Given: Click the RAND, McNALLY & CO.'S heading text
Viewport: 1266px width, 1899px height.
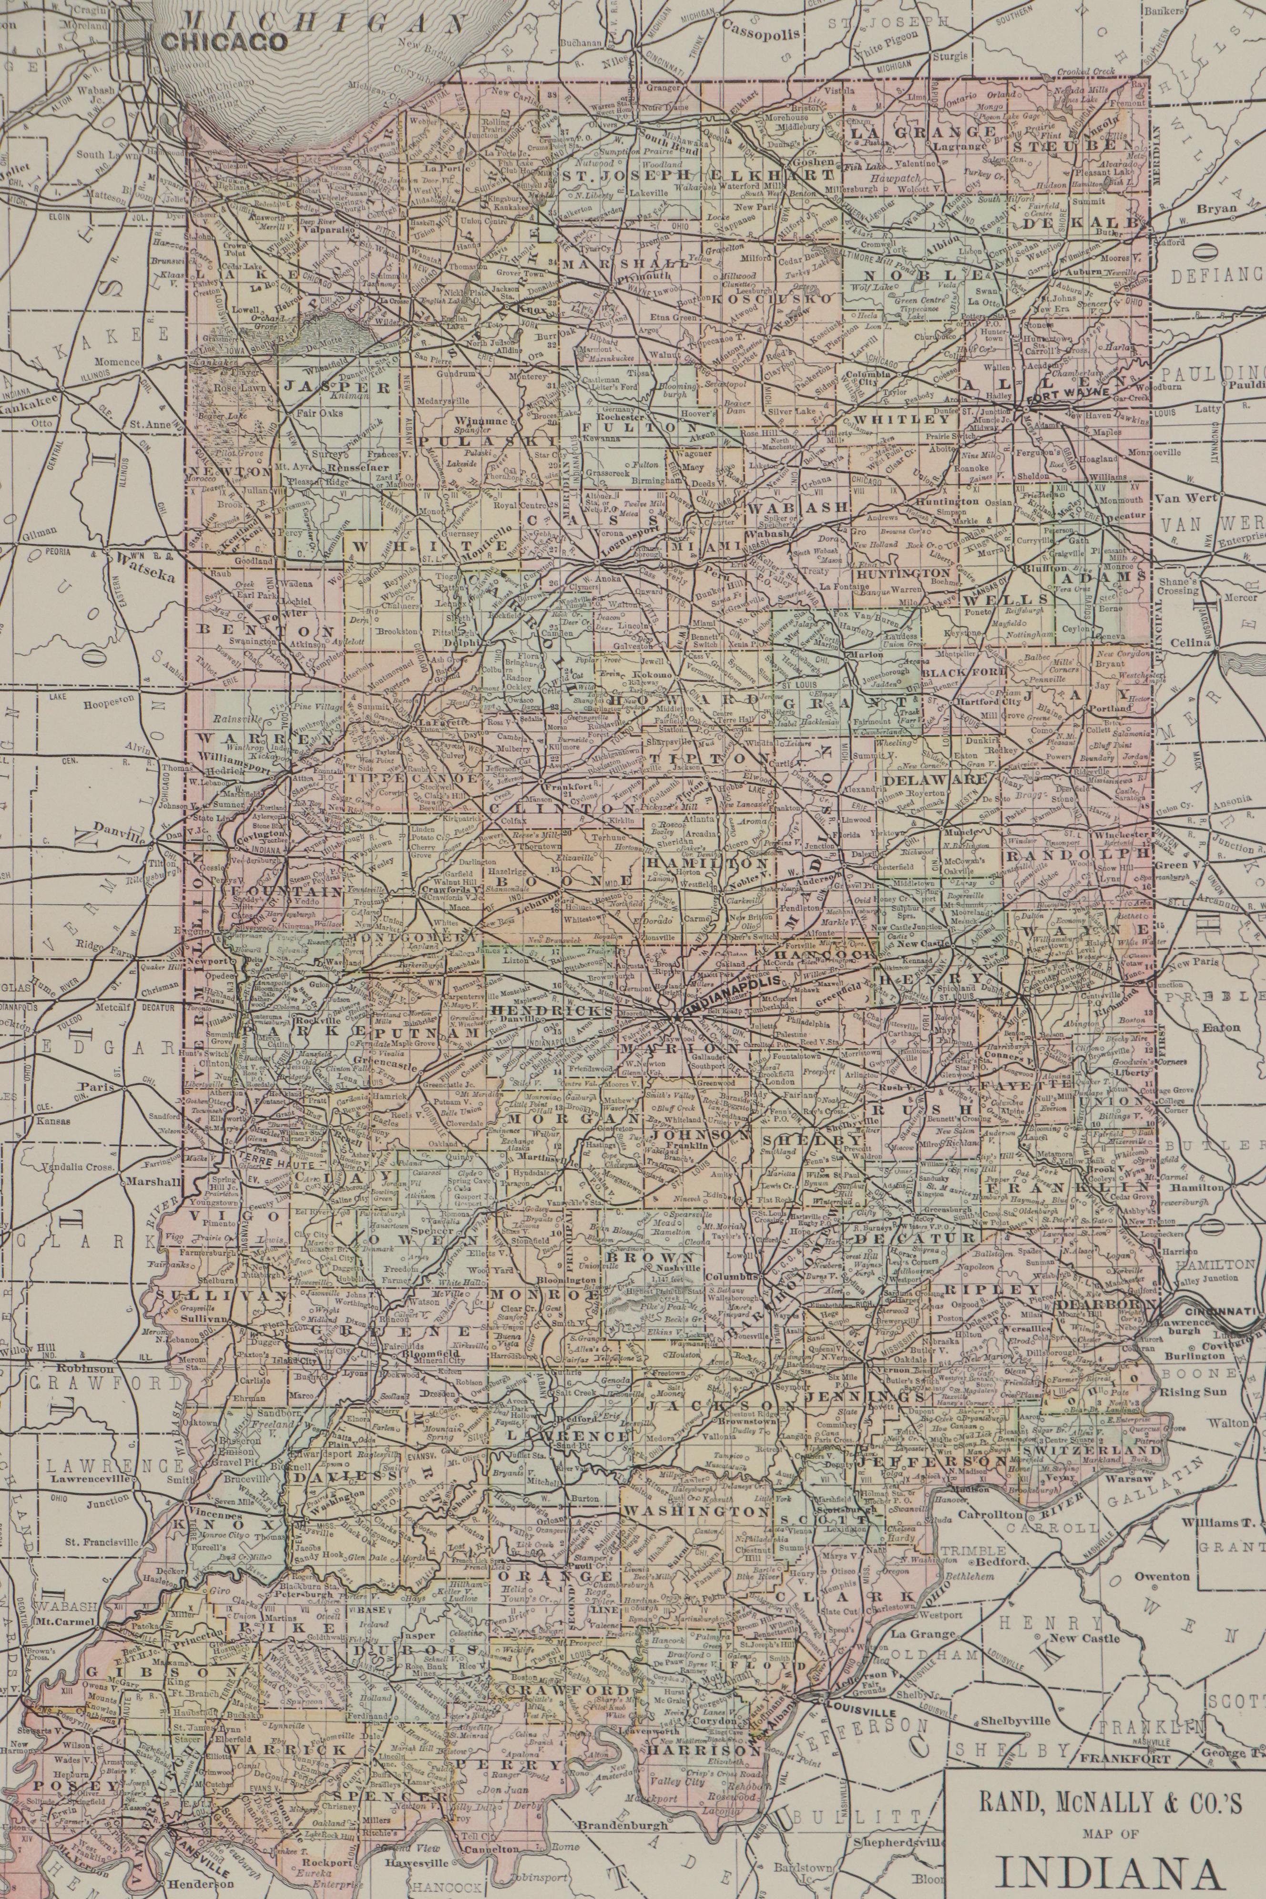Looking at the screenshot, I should pyautogui.click(x=1104, y=1800).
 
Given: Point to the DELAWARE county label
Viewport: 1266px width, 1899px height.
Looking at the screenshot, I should pyautogui.click(x=935, y=780).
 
